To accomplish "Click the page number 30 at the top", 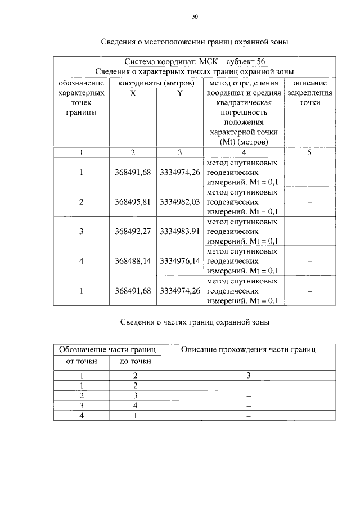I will click(195, 17).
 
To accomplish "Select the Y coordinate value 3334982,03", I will click(180, 202).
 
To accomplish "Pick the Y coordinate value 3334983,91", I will click(180, 231).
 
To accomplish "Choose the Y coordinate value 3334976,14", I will click(180, 261).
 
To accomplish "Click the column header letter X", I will click(133, 94).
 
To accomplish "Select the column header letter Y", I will click(180, 94).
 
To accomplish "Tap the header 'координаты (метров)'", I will click(156, 83).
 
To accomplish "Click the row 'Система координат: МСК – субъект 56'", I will click(195, 61).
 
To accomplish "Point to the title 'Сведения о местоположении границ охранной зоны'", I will click(195, 42).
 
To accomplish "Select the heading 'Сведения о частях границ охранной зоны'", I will click(195, 322).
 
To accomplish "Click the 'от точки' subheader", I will click(82, 361).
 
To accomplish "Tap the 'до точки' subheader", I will click(135, 361).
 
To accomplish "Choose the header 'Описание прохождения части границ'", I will click(248, 350).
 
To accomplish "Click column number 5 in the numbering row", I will click(309, 152).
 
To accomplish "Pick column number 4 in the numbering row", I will click(244, 152).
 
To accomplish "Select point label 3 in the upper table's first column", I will click(82, 231).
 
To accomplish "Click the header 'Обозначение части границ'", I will click(107, 350).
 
